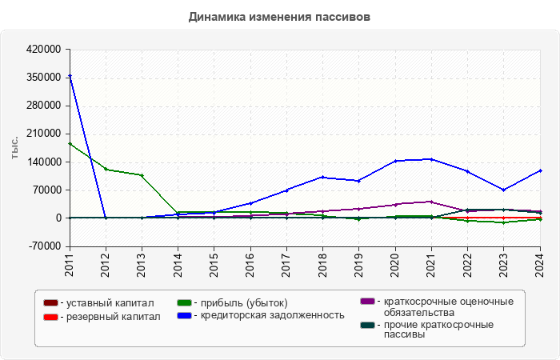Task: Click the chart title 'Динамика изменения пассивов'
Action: tap(280, 16)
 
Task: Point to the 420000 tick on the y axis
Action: tap(44, 50)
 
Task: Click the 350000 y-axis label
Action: tap(44, 78)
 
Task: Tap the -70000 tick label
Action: tap(46, 246)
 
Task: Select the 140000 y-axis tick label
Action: tap(44, 162)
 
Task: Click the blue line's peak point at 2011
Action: tap(70, 76)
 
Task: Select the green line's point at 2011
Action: tap(70, 144)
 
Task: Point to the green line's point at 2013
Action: tap(142, 175)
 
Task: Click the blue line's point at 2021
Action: tap(431, 159)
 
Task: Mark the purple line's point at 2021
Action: tap(431, 202)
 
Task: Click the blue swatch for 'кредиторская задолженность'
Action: tap(183, 315)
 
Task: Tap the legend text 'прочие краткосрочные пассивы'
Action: tap(438, 330)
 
